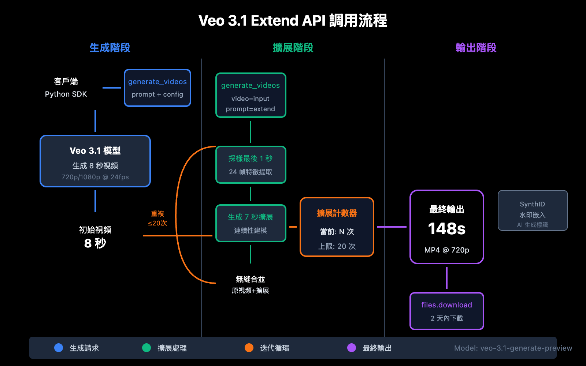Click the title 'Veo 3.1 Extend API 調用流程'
pyautogui.click(x=293, y=20)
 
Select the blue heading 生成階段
pyautogui.click(x=110, y=48)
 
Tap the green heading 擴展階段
pyautogui.click(x=293, y=48)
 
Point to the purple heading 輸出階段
pyautogui.click(x=476, y=48)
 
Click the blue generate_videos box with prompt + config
pyautogui.click(x=157, y=88)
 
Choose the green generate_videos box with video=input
pyautogui.click(x=251, y=95)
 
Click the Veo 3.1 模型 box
pyautogui.click(x=95, y=161)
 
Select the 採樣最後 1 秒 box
pyautogui.click(x=251, y=165)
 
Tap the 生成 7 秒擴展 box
pyautogui.click(x=251, y=223)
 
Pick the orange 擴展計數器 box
pyautogui.click(x=337, y=227)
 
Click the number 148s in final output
pyautogui.click(x=446, y=229)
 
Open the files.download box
pyautogui.click(x=446, y=311)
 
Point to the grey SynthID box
pyautogui.click(x=533, y=210)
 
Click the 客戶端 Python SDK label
pyautogui.click(x=66, y=87)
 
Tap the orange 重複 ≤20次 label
pyautogui.click(x=157, y=218)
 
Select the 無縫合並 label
pyautogui.click(x=251, y=284)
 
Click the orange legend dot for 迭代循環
pyautogui.click(x=249, y=348)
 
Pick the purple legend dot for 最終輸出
pyautogui.click(x=352, y=348)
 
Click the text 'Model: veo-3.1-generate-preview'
pyautogui.click(x=513, y=348)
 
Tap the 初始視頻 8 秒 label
pyautogui.click(x=95, y=237)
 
